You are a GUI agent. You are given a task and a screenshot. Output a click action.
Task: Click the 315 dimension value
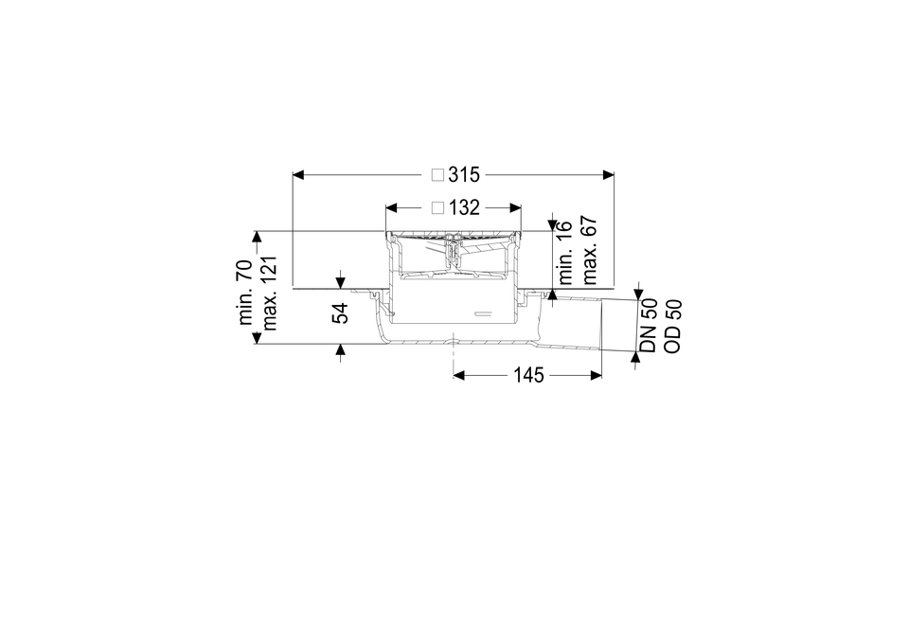pyautogui.click(x=464, y=174)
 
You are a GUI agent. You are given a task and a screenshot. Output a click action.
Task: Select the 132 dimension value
pyautogui.click(x=464, y=207)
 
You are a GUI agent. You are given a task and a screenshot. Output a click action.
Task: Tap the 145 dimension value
pyautogui.click(x=528, y=376)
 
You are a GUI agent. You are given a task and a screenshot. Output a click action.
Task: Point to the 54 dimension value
pyautogui.click(x=340, y=313)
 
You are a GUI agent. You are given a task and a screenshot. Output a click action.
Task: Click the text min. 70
pyautogui.click(x=246, y=293)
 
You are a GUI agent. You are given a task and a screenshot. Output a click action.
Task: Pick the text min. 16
pyautogui.click(x=564, y=252)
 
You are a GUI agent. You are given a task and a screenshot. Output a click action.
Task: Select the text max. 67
pyautogui.click(x=589, y=250)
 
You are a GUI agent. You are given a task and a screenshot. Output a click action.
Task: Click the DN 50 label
pyautogui.click(x=648, y=325)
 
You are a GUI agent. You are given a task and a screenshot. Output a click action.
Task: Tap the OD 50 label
pyautogui.click(x=672, y=326)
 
